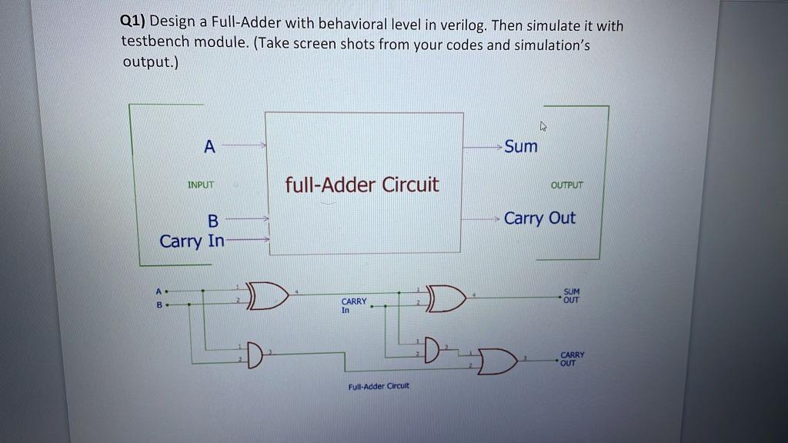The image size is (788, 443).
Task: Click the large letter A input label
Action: tap(209, 146)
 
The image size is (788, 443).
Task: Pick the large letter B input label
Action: tap(212, 221)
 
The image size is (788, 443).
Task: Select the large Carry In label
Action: tap(192, 241)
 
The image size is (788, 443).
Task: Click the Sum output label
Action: tap(521, 146)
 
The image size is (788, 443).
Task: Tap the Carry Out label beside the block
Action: tap(539, 218)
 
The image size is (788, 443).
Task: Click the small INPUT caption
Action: tap(201, 185)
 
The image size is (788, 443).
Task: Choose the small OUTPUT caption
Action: tap(567, 185)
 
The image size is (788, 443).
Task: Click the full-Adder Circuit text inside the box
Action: tap(362, 185)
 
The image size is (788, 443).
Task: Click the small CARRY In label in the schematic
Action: tap(354, 305)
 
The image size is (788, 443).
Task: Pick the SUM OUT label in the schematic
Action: tap(572, 296)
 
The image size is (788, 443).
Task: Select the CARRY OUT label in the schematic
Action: tap(573, 358)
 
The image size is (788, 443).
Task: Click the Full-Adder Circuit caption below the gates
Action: tap(379, 385)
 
